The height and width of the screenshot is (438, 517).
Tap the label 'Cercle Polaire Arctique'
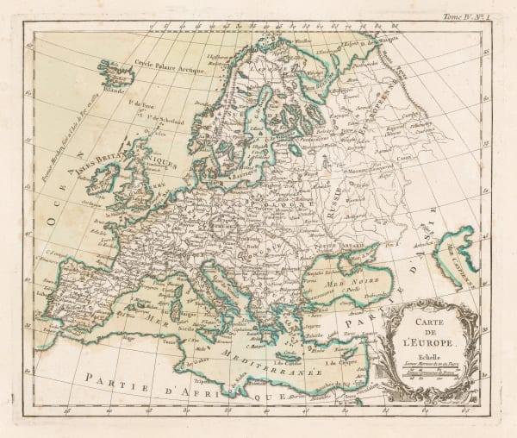click(176, 65)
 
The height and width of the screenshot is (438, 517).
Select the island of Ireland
click(104, 178)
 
